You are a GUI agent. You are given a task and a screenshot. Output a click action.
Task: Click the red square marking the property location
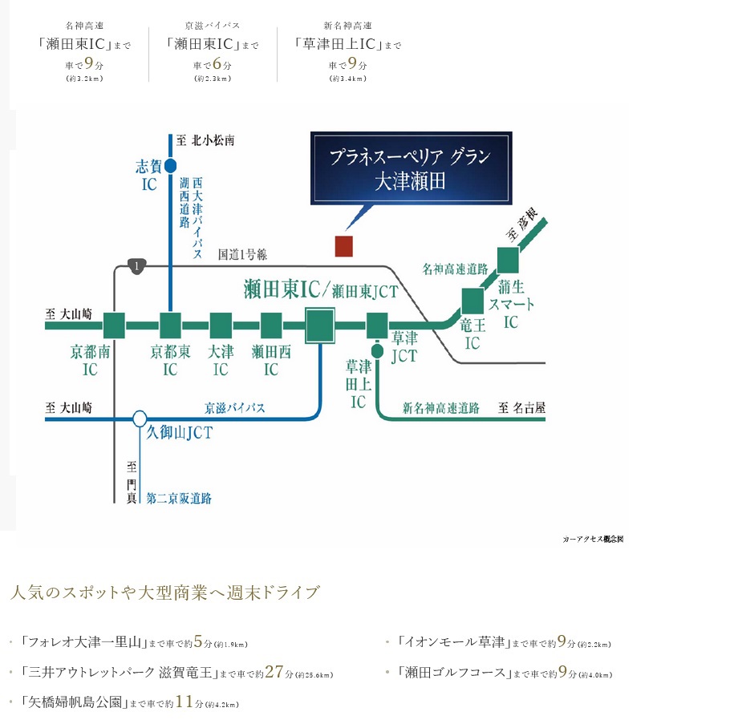click(x=343, y=246)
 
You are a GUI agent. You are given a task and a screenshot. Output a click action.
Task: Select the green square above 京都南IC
click(x=115, y=326)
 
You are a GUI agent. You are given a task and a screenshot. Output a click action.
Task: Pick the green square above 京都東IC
click(x=170, y=326)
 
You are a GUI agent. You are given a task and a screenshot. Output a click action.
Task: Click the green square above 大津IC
click(x=221, y=326)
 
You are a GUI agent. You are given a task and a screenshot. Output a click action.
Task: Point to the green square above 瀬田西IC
click(x=271, y=326)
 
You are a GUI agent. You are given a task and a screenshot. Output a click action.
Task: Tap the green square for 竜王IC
click(x=472, y=300)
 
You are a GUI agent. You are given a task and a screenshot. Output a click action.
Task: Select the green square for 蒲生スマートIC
click(x=509, y=260)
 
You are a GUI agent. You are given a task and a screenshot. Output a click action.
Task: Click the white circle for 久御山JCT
click(x=140, y=418)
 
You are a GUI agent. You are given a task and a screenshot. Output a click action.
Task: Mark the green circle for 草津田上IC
click(x=377, y=350)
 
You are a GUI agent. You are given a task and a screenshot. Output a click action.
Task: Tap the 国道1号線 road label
click(x=242, y=254)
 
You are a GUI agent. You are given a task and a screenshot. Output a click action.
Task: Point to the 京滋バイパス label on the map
click(x=235, y=408)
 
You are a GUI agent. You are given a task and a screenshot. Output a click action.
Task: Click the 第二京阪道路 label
click(x=179, y=498)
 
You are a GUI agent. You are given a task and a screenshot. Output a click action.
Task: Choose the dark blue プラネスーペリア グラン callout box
click(x=411, y=168)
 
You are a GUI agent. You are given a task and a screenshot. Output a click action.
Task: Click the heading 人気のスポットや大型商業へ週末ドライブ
click(x=164, y=593)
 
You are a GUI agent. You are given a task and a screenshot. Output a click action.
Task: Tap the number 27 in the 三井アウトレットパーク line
click(x=274, y=672)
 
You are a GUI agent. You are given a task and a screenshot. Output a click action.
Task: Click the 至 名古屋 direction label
click(x=521, y=408)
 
